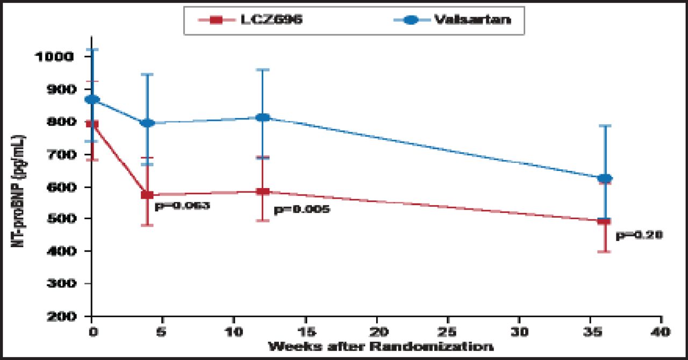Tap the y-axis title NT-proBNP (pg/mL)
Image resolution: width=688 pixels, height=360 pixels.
pyautogui.click(x=20, y=188)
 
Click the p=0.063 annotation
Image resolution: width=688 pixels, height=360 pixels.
pyautogui.click(x=182, y=205)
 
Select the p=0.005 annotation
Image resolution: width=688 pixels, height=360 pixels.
pyautogui.click(x=302, y=210)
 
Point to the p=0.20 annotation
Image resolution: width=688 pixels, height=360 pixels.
pyautogui.click(x=639, y=235)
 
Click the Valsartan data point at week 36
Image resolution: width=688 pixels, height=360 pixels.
pyautogui.click(x=605, y=178)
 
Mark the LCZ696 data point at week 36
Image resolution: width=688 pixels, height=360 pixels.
pyautogui.click(x=605, y=220)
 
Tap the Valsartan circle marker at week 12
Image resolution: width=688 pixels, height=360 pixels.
pyautogui.click(x=262, y=117)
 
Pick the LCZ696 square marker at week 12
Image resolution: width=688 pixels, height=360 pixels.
pyautogui.click(x=262, y=191)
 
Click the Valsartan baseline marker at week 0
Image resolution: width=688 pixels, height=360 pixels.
pyautogui.click(x=92, y=99)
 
